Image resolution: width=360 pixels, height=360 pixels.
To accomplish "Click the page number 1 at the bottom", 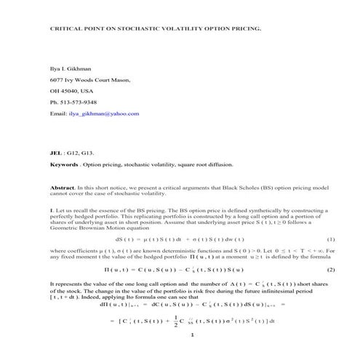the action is (191, 336).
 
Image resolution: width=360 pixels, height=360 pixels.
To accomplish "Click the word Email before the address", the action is (57, 114).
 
